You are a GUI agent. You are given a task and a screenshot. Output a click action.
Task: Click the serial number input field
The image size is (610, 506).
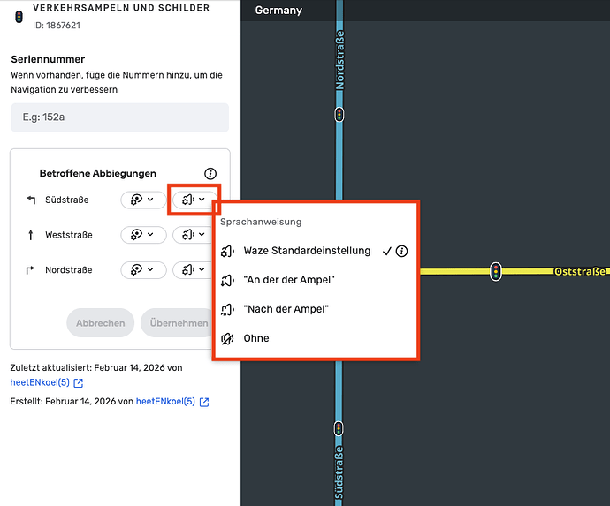120,117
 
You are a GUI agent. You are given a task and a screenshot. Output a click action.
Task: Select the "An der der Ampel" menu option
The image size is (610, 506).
289,280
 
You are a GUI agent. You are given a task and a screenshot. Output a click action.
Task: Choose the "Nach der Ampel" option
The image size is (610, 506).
286,309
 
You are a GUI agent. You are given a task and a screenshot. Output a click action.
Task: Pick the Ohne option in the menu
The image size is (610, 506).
256,338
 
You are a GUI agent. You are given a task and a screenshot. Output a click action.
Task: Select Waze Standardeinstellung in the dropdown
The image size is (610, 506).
307,251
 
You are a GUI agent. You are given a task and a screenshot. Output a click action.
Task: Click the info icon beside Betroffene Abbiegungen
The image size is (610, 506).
210,173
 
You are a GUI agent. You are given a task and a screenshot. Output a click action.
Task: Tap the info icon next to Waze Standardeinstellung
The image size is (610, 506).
401,251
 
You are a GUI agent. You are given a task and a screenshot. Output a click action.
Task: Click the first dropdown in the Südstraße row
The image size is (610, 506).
143,200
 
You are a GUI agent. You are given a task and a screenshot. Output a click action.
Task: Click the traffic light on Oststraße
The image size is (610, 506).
496,271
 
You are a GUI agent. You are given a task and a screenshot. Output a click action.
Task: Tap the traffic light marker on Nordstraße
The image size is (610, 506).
339,115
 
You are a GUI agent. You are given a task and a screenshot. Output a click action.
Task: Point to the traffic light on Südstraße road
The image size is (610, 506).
339,428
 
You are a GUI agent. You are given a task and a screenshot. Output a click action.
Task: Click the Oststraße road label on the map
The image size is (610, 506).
580,271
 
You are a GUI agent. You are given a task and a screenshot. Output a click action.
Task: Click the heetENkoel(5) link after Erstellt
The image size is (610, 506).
165,402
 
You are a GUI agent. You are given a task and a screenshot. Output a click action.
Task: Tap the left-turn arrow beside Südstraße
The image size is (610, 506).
31,200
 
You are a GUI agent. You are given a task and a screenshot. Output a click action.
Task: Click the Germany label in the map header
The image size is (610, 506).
278,11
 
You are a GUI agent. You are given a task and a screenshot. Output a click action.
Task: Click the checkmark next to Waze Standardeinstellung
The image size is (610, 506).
386,252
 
